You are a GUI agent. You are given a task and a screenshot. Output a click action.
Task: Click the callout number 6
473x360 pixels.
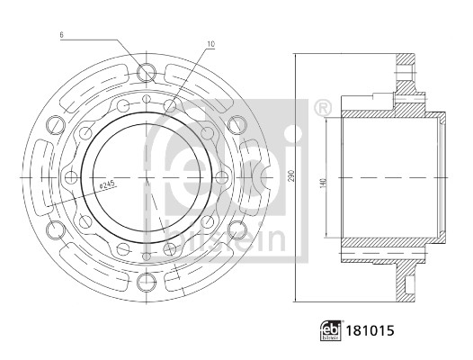61,35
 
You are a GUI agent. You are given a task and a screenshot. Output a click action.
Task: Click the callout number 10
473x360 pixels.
210,44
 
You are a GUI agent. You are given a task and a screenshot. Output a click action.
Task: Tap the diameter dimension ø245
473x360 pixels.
108,184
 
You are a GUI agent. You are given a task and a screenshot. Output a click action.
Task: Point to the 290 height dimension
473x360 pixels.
291,177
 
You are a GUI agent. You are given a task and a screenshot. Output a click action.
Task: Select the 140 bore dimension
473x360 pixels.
323,184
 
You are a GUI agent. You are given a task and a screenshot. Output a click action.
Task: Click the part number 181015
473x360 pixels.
370,330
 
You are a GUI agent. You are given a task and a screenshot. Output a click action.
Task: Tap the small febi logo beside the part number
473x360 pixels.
331,330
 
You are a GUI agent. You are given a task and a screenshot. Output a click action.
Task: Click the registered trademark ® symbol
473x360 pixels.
323,107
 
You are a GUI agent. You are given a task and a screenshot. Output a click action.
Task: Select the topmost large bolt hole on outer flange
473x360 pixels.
147,73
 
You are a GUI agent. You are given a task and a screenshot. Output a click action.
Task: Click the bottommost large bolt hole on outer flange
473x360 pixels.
147,282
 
